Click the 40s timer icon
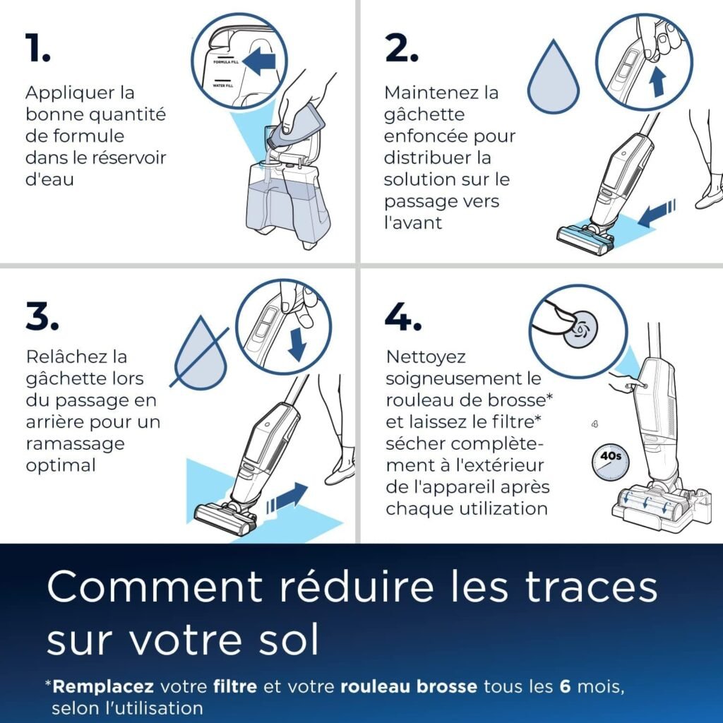(x=609, y=463)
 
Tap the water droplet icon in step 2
(x=554, y=79)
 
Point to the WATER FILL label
(x=224, y=85)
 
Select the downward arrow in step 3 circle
(x=297, y=345)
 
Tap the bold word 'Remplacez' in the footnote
(x=103, y=686)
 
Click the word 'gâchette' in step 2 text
(x=424, y=114)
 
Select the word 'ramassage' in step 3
(x=75, y=443)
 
